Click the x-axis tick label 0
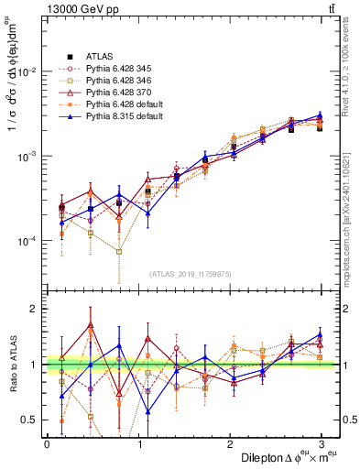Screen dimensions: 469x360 click(x=47, y=444)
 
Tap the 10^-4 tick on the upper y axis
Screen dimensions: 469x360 click(x=27, y=241)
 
